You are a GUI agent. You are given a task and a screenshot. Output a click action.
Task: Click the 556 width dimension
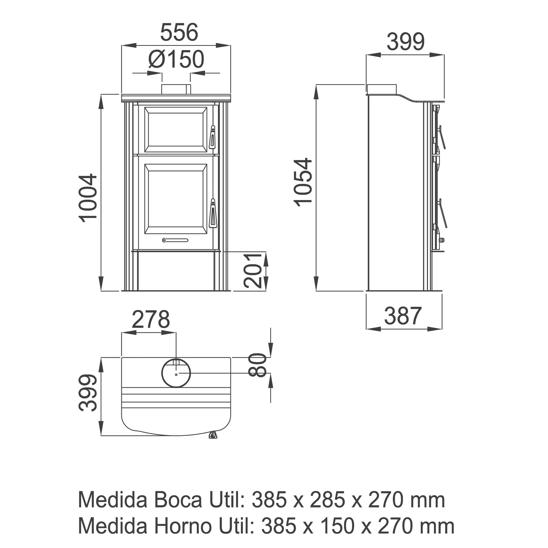tap(179, 32)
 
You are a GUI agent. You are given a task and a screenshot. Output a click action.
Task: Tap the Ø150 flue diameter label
tap(176, 59)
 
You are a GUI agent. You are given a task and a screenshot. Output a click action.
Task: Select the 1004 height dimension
tap(88, 198)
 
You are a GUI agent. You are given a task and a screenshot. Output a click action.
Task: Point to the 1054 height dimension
tap(303, 182)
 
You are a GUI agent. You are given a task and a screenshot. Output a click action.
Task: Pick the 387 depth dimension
tap(403, 316)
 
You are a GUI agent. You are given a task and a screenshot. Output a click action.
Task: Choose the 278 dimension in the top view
tap(151, 319)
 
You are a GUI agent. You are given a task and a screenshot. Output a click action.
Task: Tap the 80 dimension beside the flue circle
tap(258, 365)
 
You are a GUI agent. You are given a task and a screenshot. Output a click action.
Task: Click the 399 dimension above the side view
tap(406, 42)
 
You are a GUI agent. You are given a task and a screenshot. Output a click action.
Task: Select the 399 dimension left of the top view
tap(88, 393)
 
